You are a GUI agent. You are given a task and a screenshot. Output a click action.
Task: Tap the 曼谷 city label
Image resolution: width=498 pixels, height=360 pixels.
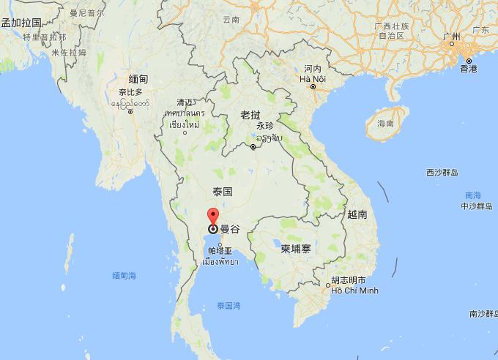click(x=230, y=229)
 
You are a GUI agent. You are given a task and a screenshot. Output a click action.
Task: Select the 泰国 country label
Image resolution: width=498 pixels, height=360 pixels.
click(x=222, y=192)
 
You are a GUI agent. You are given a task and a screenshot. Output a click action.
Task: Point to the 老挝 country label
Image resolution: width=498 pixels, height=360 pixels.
click(x=250, y=115)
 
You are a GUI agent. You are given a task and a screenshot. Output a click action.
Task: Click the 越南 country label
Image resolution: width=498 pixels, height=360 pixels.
click(x=357, y=214)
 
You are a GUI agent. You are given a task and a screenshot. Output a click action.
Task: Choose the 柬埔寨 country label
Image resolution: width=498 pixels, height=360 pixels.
click(x=296, y=249)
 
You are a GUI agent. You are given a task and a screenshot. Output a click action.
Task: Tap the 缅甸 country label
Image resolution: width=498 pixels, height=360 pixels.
click(x=138, y=79)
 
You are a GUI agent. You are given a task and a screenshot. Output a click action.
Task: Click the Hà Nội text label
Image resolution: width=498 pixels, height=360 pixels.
click(x=313, y=78)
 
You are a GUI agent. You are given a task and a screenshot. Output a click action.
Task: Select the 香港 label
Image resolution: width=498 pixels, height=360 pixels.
click(x=469, y=69)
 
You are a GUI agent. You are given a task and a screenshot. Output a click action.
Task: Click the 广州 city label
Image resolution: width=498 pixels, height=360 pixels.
click(x=452, y=36)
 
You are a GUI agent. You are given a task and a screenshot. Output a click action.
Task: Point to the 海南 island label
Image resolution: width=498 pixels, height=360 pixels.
click(x=385, y=124)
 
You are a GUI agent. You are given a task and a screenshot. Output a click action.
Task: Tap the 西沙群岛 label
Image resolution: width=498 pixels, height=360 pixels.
click(x=442, y=173)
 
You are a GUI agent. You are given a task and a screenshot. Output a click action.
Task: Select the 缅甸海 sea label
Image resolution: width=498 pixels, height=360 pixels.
click(x=124, y=276)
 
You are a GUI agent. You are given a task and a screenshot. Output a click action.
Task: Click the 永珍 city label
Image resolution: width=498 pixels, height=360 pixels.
click(x=264, y=126)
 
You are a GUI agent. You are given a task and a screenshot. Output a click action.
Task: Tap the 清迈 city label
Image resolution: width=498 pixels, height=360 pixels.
click(x=185, y=102)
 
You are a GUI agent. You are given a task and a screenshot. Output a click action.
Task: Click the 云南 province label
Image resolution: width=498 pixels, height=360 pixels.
click(x=231, y=20)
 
